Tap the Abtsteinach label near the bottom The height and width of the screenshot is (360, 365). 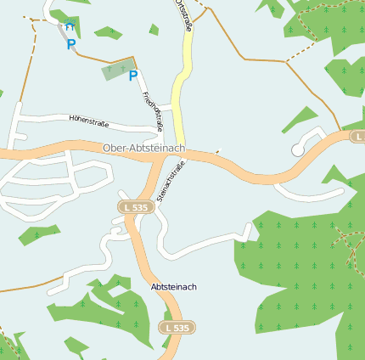[173, 287]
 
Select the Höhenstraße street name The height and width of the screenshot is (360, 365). [90, 120]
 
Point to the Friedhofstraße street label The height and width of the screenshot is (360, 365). [154, 110]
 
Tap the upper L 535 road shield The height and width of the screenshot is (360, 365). [135, 206]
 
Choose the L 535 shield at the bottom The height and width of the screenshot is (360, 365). [178, 327]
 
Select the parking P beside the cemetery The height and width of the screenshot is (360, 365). [133, 76]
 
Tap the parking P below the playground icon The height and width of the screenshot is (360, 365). [71, 44]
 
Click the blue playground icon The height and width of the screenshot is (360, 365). [70, 27]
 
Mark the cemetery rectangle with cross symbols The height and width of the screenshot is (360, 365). [117, 70]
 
